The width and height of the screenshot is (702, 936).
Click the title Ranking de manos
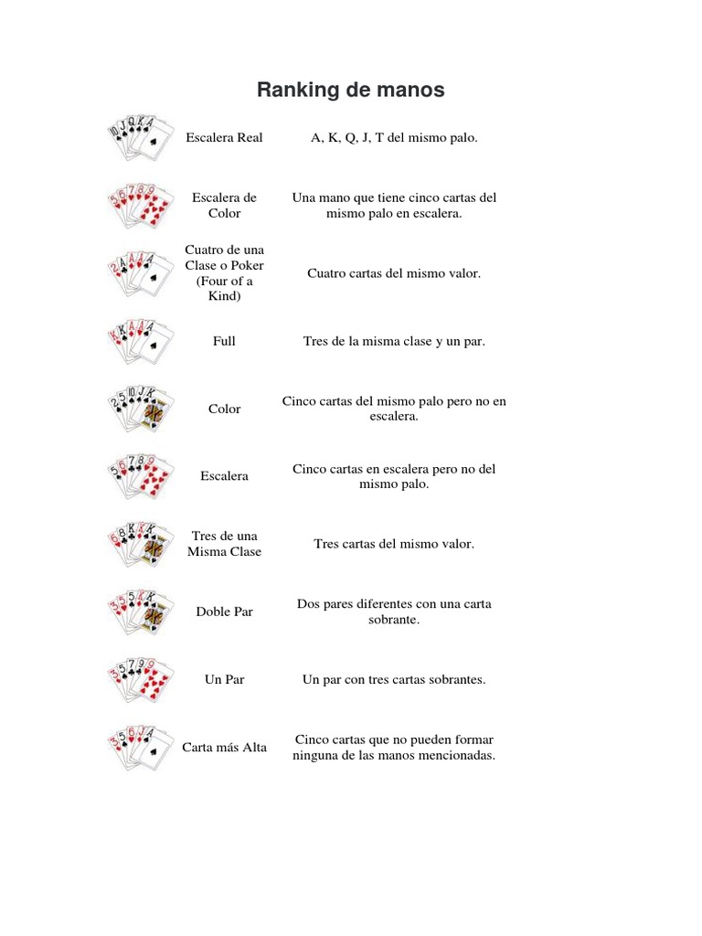click(x=350, y=90)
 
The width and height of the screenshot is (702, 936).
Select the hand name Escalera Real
click(x=224, y=138)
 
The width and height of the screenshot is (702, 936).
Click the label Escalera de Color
click(x=224, y=205)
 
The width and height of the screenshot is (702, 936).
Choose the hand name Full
click(x=224, y=341)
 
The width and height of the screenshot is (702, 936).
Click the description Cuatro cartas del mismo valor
click(x=394, y=273)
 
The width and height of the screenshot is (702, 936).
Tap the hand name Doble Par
click(x=224, y=612)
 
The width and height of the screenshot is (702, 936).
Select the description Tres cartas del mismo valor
click(x=394, y=544)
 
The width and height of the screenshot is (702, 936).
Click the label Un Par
click(x=224, y=680)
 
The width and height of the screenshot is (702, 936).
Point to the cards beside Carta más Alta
click(x=138, y=747)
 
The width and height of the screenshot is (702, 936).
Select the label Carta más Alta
click(x=224, y=748)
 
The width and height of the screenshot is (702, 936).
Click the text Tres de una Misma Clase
click(x=224, y=544)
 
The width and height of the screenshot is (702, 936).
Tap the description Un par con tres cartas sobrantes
click(x=394, y=680)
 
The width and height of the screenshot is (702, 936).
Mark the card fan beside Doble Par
click(x=138, y=612)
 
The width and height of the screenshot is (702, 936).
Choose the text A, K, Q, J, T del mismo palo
click(x=394, y=138)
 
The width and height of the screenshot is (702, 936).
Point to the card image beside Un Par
click(x=138, y=679)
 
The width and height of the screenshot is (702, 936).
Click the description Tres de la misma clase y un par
click(x=394, y=341)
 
